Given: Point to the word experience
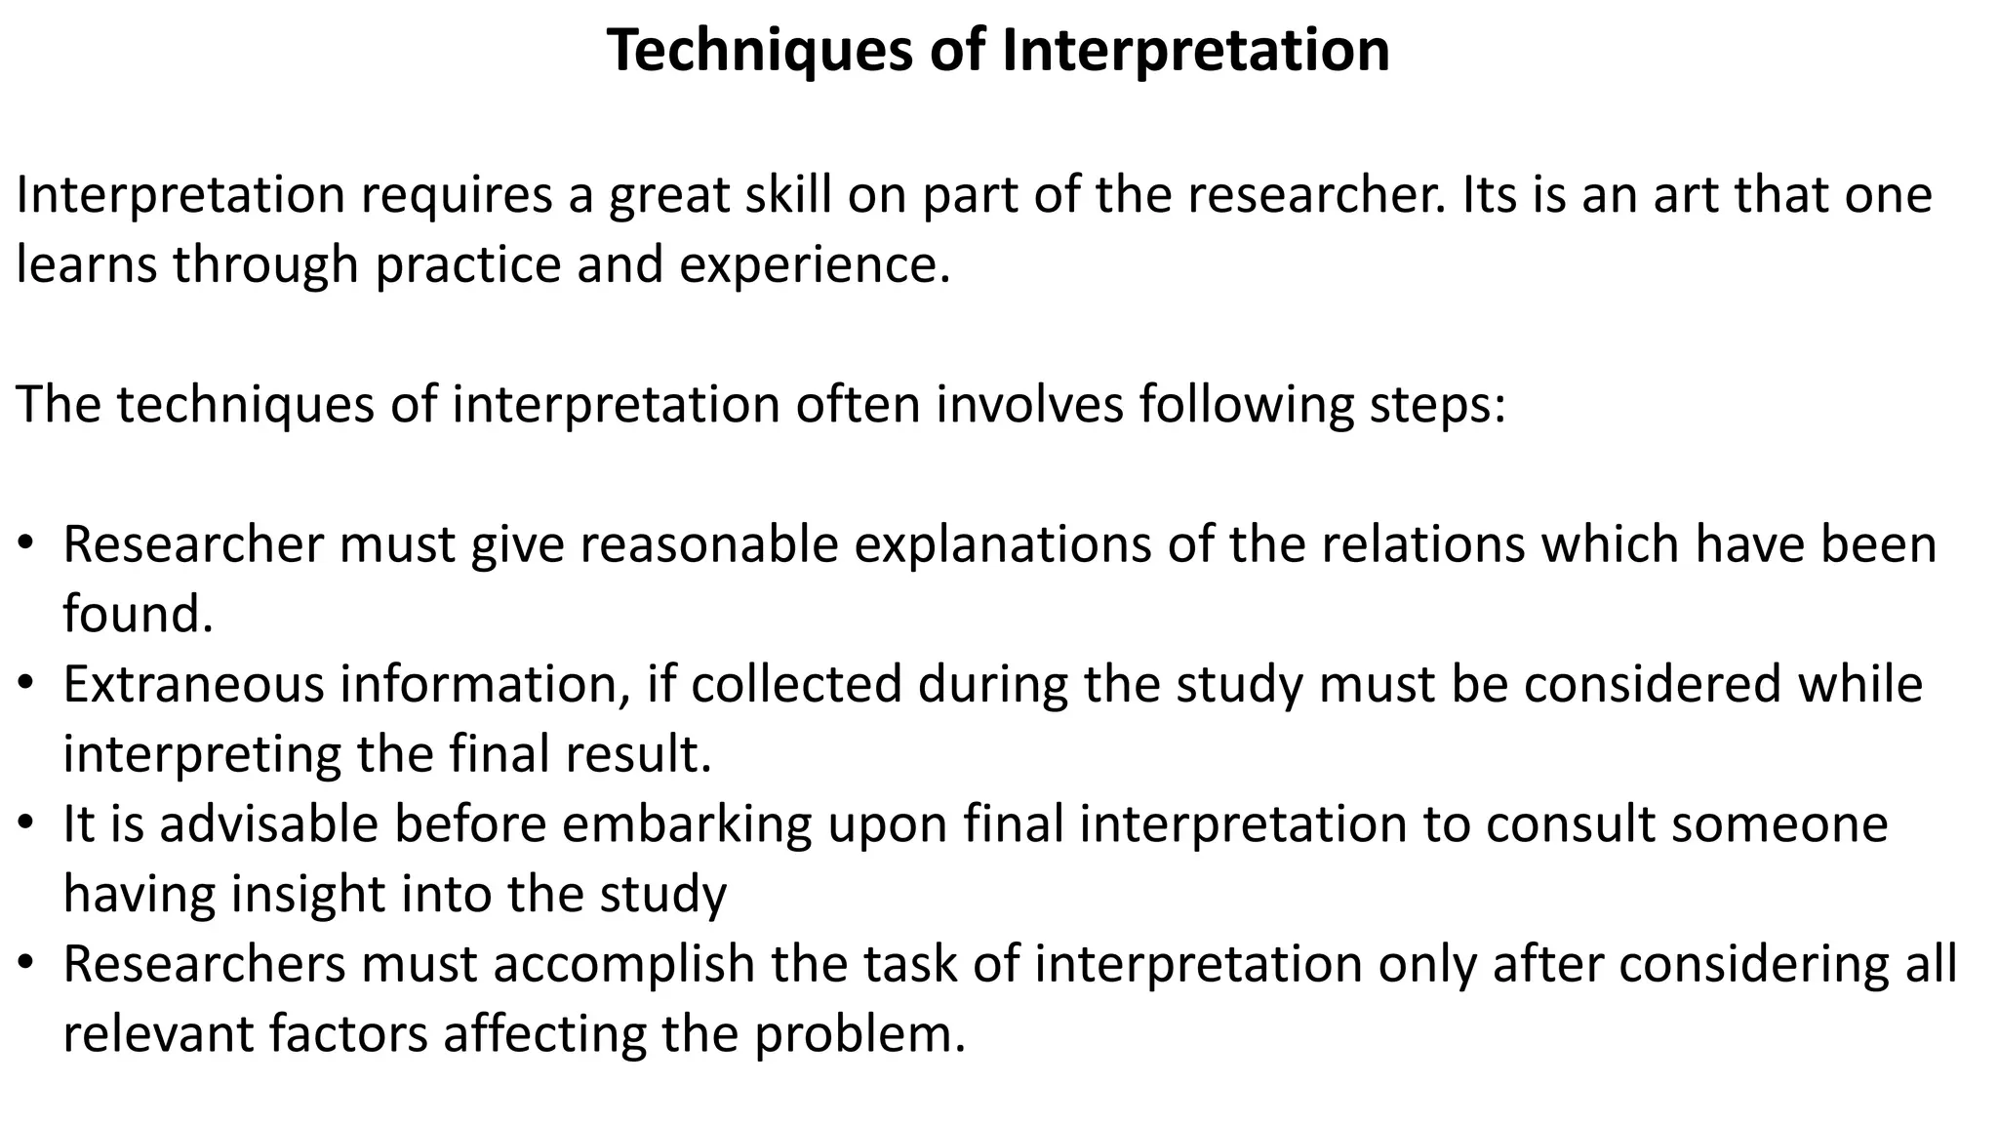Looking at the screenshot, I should (814, 265).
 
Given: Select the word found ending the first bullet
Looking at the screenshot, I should (137, 615).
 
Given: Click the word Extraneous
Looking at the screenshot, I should (193, 684).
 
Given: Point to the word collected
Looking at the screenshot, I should (796, 684).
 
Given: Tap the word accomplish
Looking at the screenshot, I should (623, 964).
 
